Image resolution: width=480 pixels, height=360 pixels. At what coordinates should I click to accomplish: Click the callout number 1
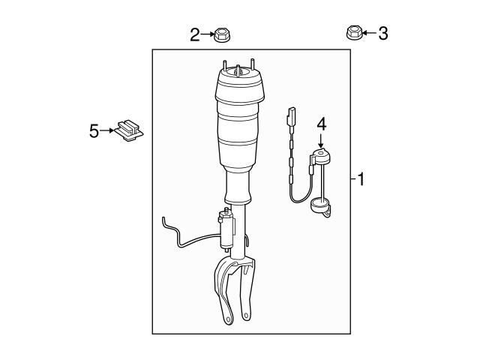(361, 180)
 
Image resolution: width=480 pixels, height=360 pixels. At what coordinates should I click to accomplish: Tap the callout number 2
(194, 34)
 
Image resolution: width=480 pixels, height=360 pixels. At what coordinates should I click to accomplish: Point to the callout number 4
(322, 124)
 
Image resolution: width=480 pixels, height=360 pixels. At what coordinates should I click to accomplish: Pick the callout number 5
(94, 131)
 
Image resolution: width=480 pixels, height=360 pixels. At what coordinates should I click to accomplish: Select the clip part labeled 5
(130, 131)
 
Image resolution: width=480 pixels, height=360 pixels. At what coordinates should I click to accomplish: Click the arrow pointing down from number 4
(322, 141)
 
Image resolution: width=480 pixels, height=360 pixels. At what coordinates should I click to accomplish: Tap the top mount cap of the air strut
(238, 75)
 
